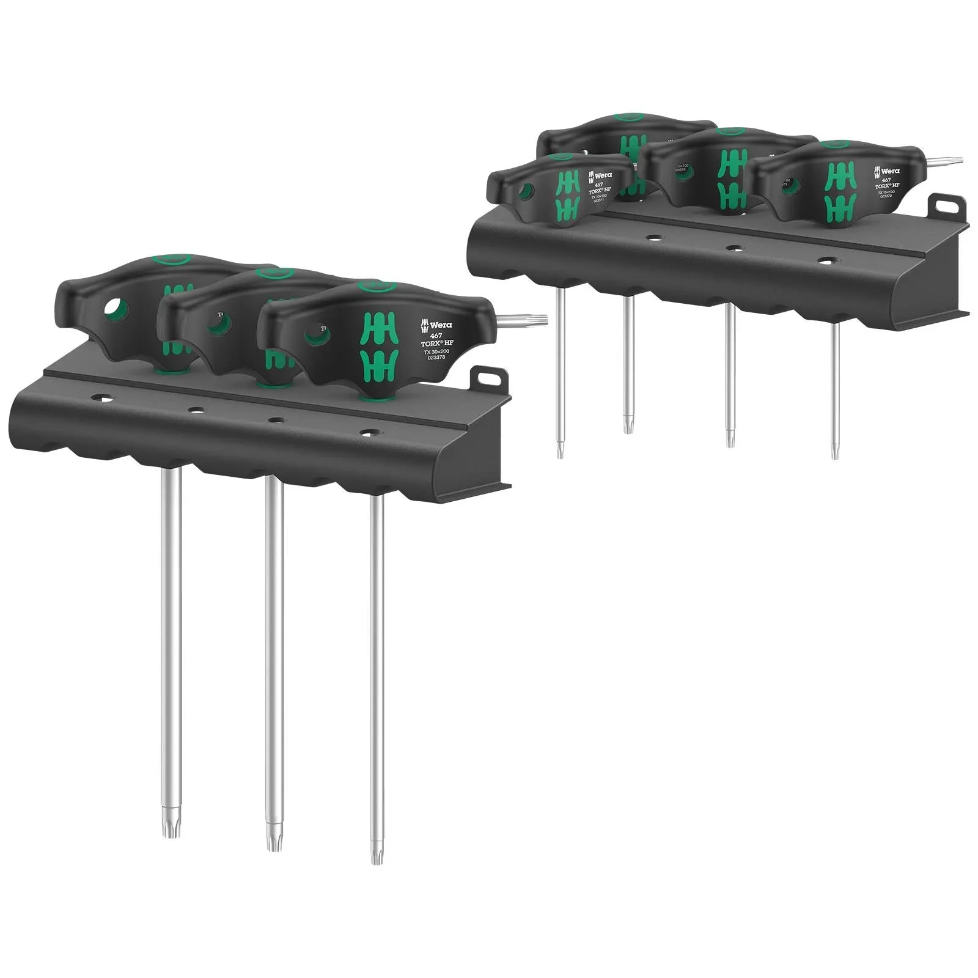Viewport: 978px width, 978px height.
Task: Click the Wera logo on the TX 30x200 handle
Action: [432, 325]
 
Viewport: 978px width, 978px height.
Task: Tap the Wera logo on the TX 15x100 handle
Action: [884, 171]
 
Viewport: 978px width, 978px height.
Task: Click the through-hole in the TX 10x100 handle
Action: [525, 192]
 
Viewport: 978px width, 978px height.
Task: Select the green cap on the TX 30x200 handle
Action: [377, 285]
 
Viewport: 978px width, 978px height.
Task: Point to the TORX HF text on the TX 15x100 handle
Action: [886, 186]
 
